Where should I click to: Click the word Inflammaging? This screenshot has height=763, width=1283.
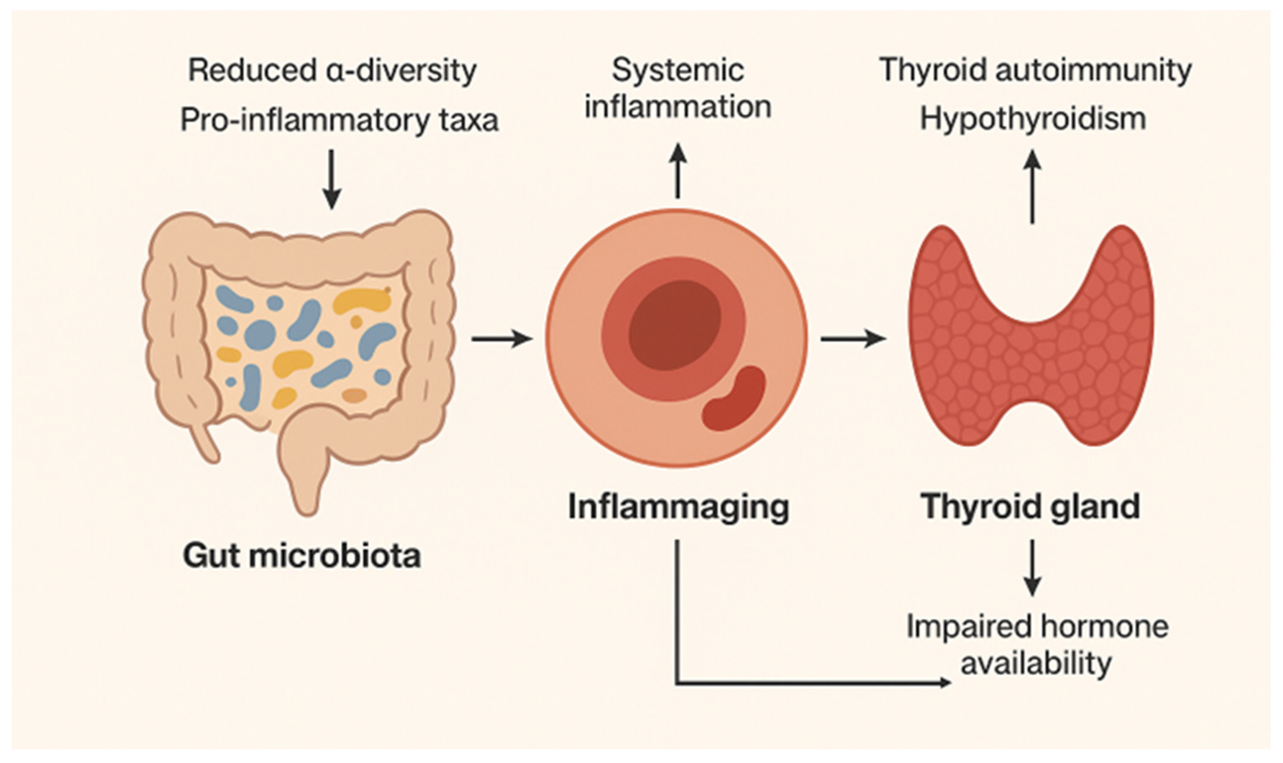point(678,508)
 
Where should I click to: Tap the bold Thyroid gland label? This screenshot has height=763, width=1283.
point(1030,507)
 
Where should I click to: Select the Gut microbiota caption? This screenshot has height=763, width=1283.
point(302,556)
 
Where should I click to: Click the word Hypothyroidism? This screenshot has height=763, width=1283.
point(1033,119)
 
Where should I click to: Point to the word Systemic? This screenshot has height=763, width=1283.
point(678,70)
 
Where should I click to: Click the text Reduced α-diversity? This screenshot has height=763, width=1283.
point(332,70)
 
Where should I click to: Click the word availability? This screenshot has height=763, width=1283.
point(1036,663)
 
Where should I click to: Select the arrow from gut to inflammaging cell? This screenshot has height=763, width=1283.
point(501,339)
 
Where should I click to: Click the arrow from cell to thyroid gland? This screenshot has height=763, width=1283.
point(853,339)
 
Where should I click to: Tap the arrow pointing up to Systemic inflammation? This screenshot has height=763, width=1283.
point(678,170)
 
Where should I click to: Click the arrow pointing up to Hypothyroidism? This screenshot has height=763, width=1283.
point(1032,188)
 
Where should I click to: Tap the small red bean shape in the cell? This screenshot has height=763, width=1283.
point(734,398)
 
